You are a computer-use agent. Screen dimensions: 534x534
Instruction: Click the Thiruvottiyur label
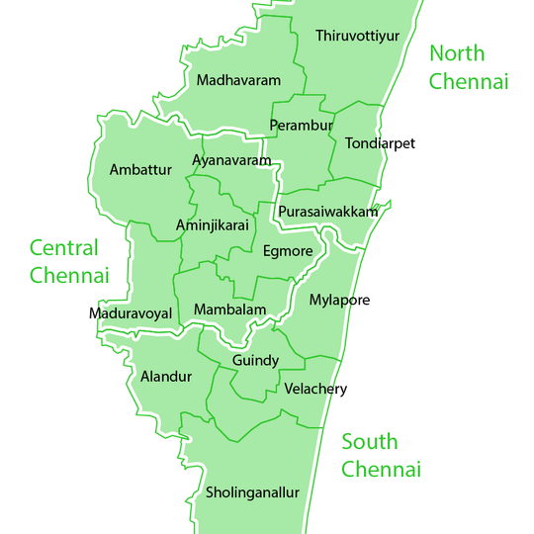click(357, 37)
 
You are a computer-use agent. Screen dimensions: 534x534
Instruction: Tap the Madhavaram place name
click(238, 80)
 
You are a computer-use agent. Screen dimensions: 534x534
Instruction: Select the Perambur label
click(302, 126)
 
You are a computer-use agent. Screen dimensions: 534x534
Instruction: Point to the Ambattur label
click(140, 170)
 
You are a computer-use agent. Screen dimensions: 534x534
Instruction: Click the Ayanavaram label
click(231, 160)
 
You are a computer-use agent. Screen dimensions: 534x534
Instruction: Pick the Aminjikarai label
click(212, 225)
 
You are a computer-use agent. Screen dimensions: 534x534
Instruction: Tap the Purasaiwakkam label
click(327, 213)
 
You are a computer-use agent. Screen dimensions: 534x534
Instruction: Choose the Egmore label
click(288, 251)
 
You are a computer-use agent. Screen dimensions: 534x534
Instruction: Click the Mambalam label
click(230, 310)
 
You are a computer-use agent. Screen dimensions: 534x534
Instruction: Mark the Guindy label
click(255, 361)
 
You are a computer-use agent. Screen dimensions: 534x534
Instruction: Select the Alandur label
click(166, 377)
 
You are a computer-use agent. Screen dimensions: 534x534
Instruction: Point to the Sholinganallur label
click(252, 492)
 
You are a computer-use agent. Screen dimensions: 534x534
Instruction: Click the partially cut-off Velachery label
click(309, 390)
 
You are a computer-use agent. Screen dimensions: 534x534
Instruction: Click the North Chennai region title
click(469, 67)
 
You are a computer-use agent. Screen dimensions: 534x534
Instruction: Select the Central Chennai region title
click(68, 261)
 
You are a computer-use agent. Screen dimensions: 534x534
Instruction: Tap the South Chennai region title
click(382, 455)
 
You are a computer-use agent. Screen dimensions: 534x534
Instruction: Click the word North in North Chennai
click(458, 53)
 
